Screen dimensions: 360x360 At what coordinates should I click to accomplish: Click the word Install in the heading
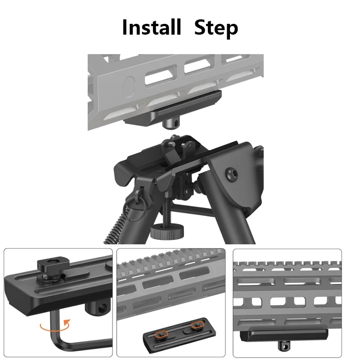[x=151, y=27]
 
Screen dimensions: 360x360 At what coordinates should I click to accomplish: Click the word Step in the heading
[x=216, y=28]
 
